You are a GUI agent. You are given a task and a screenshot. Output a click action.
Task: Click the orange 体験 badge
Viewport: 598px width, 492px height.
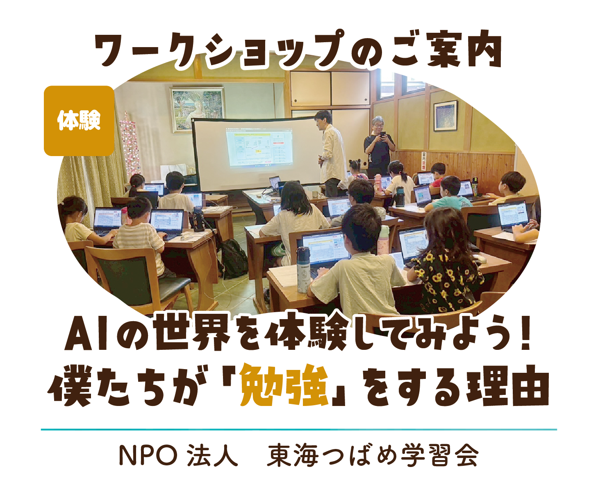coord(79,121)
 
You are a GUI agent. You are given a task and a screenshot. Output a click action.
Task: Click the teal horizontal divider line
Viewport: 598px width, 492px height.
coord(299,429)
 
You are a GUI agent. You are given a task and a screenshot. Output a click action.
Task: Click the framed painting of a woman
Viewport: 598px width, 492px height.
coord(197,109)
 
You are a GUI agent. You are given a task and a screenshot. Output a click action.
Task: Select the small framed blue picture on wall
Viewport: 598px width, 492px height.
coord(446,116)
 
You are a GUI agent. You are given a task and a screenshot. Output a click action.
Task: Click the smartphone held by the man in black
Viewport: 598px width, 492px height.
coord(382,135)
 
